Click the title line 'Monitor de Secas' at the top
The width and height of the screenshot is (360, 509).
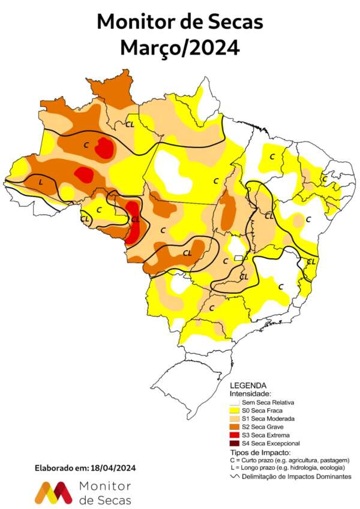pyautogui.click(x=180, y=22)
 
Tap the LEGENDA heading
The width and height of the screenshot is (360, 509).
pyautogui.click(x=248, y=385)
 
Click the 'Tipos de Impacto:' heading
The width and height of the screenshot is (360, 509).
pyautogui.click(x=260, y=451)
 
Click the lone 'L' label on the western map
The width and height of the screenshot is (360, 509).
pyautogui.click(x=40, y=181)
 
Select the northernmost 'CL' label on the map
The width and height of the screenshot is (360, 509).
pyautogui.click(x=130, y=125)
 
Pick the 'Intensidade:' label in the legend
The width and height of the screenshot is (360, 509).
pyautogui.click(x=250, y=393)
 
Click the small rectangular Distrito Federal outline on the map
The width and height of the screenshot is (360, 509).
pyautogui.click(x=238, y=257)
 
